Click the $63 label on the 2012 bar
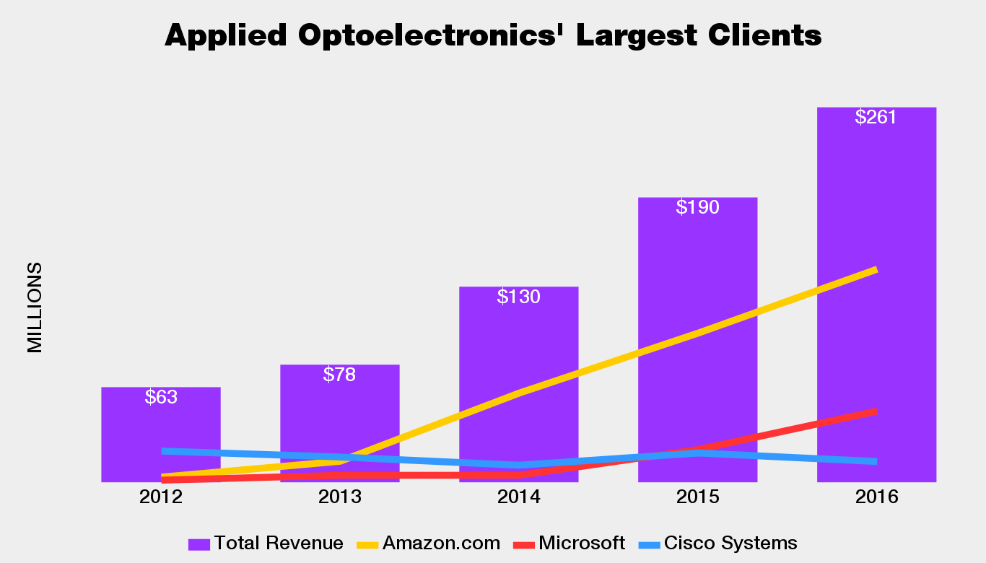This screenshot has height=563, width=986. point(161,397)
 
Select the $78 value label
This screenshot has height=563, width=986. point(339,375)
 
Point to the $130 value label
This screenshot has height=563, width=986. point(518,297)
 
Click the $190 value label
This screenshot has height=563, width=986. point(697,208)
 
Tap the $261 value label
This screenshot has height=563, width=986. point(876,118)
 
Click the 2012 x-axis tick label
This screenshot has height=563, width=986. point(161,497)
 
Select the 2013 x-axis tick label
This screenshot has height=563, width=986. point(339,497)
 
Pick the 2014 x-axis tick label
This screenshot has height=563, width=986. point(518,497)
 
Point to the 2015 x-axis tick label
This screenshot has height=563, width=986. point(697,497)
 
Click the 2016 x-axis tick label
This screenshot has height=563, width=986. point(876,497)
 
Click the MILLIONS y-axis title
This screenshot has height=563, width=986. point(35,307)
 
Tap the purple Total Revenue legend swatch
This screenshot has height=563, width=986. point(198,544)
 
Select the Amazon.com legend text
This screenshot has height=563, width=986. point(441,544)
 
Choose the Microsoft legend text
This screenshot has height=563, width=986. point(582,544)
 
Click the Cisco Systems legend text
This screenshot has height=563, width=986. point(730,544)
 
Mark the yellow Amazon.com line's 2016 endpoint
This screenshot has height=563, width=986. point(876,270)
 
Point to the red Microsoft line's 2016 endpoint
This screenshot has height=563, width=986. point(876,411)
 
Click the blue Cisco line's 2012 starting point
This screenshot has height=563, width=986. point(162,451)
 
